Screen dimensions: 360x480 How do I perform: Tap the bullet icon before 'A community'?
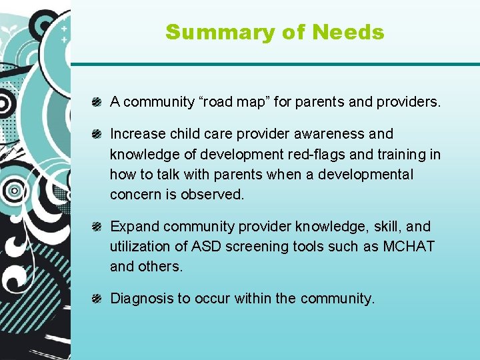97,102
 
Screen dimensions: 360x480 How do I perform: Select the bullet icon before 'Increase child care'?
97,134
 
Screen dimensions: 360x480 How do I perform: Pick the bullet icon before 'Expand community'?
97,227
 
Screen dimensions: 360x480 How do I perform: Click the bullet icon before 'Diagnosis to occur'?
97,299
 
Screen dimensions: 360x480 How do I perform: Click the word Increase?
135,134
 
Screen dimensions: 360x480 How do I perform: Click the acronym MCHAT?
409,247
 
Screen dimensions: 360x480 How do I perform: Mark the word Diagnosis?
141,299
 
